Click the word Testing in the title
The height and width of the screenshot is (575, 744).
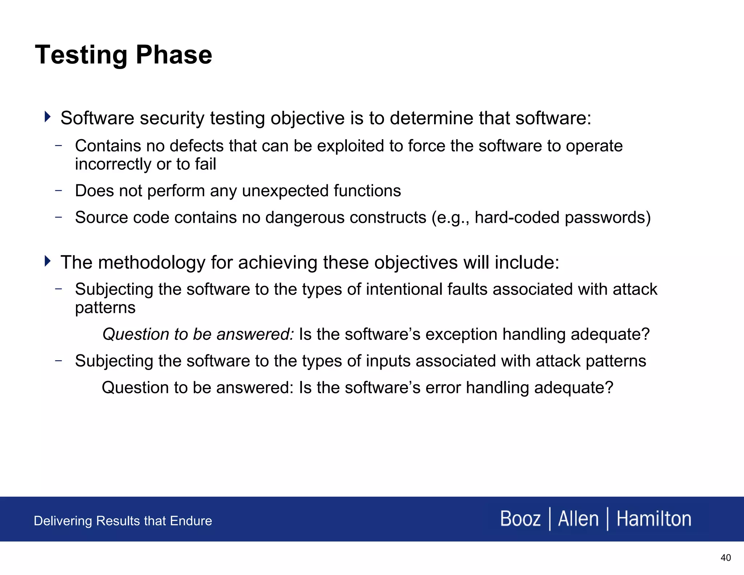81,55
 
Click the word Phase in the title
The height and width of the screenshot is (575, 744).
174,55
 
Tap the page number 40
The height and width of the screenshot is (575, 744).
725,558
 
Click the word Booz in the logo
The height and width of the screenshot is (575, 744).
520,519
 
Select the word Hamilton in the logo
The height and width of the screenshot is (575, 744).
654,519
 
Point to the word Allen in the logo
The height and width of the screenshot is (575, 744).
578,519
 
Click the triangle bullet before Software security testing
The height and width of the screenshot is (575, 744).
47,117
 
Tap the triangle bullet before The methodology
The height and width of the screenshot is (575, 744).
47,261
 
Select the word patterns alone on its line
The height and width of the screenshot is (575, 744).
105,308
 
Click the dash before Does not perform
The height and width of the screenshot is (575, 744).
58,190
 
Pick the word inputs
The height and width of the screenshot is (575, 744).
388,361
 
